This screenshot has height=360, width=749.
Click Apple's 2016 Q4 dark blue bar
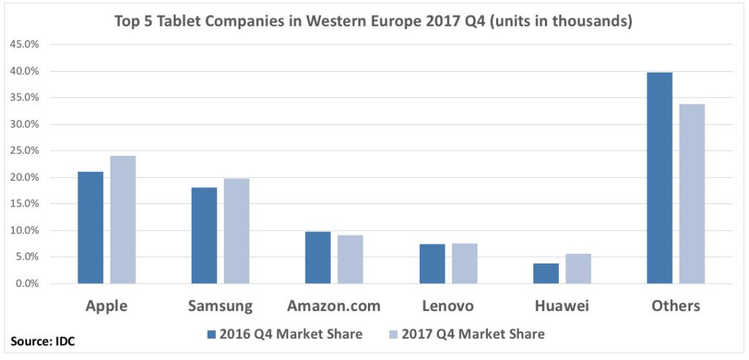pyautogui.click(x=91, y=228)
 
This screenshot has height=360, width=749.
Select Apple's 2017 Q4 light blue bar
pyautogui.click(x=123, y=220)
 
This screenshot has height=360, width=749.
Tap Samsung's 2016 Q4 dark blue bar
pyautogui.click(x=204, y=236)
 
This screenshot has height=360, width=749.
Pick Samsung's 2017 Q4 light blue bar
pyautogui.click(x=236, y=231)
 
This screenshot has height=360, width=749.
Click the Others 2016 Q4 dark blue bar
pyautogui.click(x=660, y=178)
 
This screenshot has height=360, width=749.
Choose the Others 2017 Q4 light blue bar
pyautogui.click(x=692, y=194)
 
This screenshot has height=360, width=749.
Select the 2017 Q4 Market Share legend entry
pyautogui.click(x=467, y=334)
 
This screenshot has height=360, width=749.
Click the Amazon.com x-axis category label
pyautogui.click(x=334, y=305)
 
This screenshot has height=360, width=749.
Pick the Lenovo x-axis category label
pyautogui.click(x=448, y=305)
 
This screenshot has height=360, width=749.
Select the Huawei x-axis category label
pyautogui.click(x=562, y=305)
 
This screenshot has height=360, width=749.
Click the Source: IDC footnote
pyautogui.click(x=43, y=342)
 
